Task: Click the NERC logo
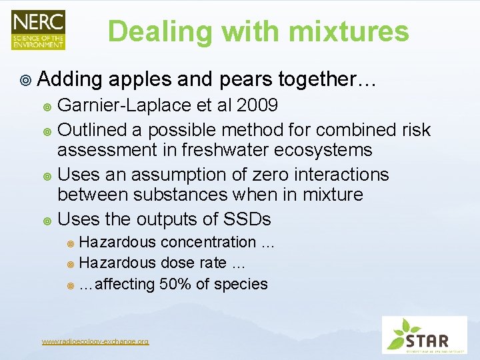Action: (38, 29)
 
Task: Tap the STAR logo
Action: (425, 335)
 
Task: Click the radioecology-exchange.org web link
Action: (95, 341)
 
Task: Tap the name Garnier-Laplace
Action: (119, 106)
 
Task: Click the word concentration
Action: (209, 242)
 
